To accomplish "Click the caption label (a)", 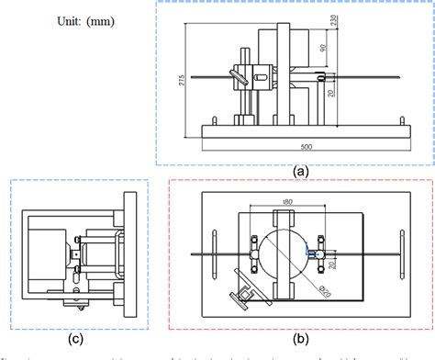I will point(299,169).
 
